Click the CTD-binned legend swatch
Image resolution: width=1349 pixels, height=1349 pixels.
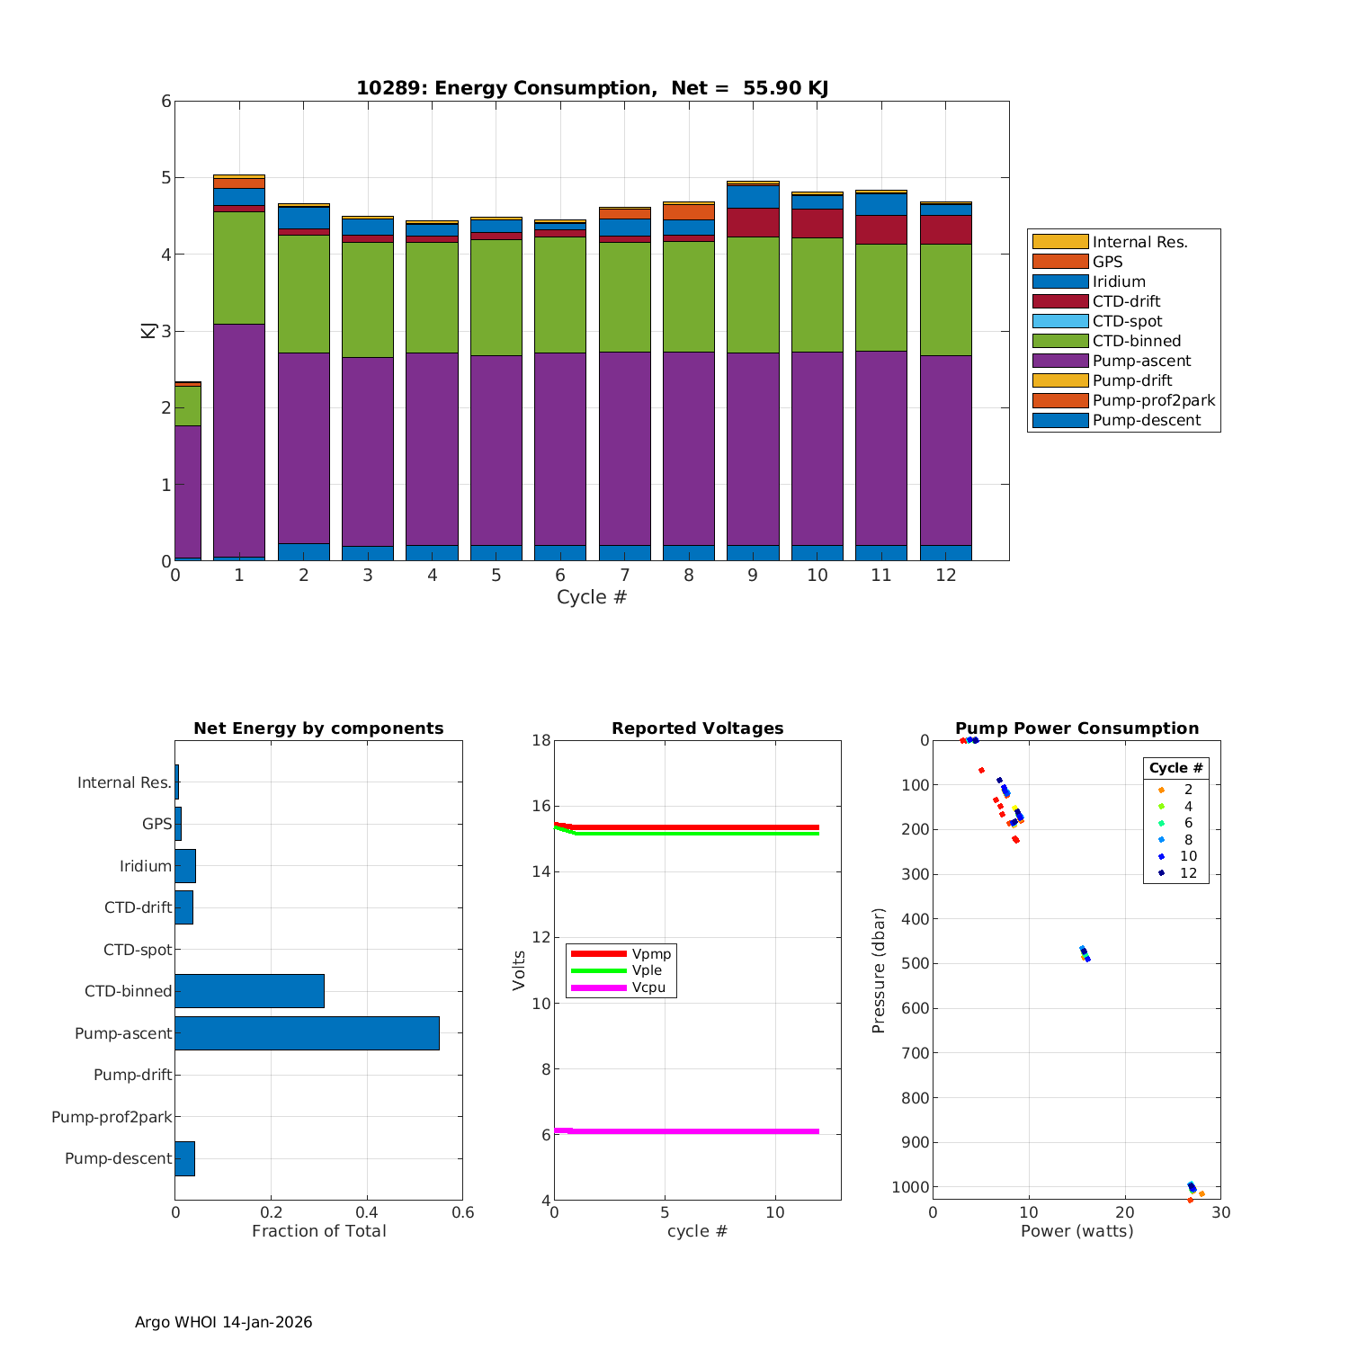(x=1059, y=341)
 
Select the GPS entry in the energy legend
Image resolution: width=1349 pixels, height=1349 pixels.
(x=1107, y=262)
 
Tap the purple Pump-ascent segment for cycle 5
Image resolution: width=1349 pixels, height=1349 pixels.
(x=496, y=450)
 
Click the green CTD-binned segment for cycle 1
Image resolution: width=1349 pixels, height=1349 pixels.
(x=239, y=267)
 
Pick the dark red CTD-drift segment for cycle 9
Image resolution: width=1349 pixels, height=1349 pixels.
(x=753, y=222)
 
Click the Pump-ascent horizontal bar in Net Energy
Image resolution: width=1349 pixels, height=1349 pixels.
(x=307, y=1033)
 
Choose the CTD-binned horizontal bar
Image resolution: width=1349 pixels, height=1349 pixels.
(x=249, y=991)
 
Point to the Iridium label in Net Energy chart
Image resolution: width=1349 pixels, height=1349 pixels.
(x=145, y=866)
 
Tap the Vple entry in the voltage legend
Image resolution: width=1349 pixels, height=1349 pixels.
(x=647, y=970)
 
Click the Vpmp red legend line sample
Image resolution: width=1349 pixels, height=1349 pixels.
(x=598, y=953)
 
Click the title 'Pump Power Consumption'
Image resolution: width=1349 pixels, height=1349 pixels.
(x=1077, y=728)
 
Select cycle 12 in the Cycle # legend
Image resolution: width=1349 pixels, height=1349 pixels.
(x=1188, y=873)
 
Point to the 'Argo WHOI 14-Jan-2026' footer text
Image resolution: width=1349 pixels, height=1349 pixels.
(x=223, y=1322)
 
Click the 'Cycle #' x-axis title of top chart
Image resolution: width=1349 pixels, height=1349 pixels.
(x=591, y=597)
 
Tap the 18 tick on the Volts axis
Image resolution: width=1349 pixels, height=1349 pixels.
(x=540, y=740)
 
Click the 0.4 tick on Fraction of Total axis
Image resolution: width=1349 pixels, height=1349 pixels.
(x=366, y=1212)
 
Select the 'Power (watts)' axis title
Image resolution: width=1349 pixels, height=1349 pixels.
(x=1077, y=1231)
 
